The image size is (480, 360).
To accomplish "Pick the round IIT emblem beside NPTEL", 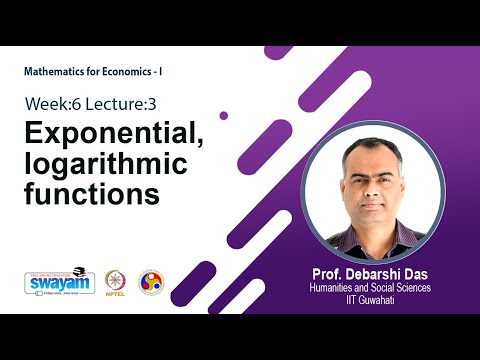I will click(151, 281).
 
